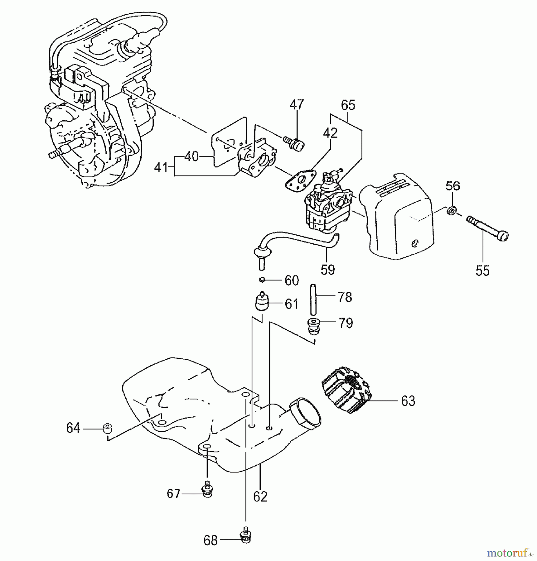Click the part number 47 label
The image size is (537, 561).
(297, 105)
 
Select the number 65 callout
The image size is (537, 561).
(348, 105)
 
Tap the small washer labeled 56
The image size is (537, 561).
(451, 211)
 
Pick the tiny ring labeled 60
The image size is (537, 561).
(262, 280)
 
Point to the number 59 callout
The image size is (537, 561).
(328, 270)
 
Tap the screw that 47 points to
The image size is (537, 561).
(295, 144)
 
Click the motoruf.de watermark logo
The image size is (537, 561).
(510, 553)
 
